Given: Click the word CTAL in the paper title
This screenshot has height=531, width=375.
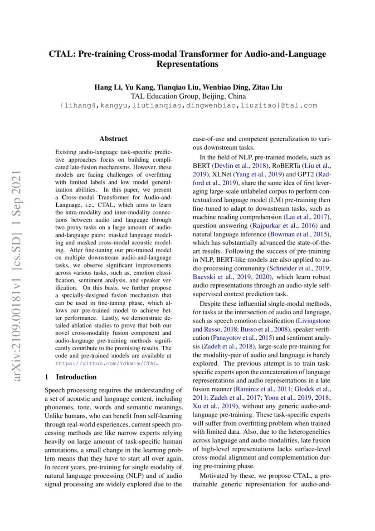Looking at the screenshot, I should [62, 54].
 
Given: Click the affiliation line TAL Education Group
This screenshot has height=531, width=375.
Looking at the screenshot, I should [188, 96].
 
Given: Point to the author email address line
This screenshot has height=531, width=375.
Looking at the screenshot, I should [188, 105].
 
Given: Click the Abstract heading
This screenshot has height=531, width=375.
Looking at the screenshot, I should [113, 139].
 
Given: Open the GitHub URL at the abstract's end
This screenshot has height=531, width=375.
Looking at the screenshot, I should [107, 364].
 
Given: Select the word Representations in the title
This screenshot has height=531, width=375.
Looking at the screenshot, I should [187, 65].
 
